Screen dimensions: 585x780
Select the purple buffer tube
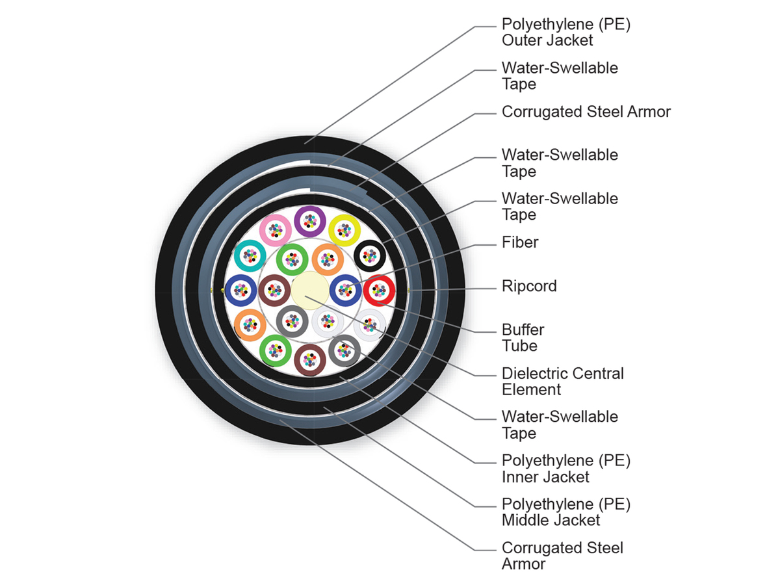(x=309, y=222)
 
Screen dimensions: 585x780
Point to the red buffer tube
(x=378, y=291)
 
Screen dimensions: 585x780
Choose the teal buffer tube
(x=250, y=255)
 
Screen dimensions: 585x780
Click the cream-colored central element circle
(x=308, y=291)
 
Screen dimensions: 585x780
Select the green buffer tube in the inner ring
(x=292, y=260)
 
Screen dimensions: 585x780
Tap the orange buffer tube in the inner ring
(x=328, y=260)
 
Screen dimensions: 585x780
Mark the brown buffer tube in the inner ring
(x=274, y=291)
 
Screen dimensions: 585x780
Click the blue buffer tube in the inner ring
(x=344, y=291)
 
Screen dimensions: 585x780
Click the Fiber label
(x=520, y=243)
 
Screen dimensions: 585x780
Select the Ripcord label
(x=529, y=287)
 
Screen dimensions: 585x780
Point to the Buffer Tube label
(x=523, y=338)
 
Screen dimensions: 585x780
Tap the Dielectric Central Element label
(x=562, y=382)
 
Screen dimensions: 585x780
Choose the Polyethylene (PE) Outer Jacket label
(x=565, y=32)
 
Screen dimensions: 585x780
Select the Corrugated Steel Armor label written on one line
(x=586, y=112)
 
